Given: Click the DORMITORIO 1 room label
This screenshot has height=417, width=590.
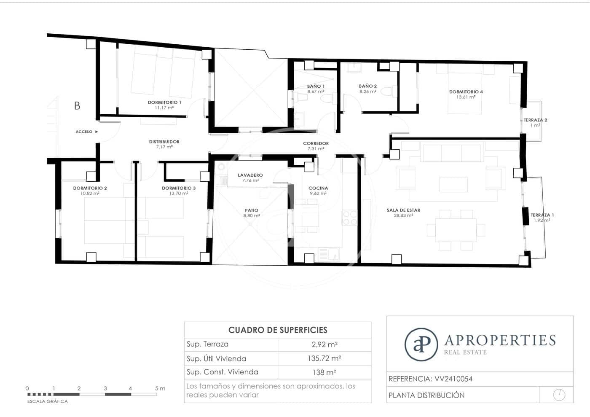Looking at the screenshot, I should click(x=164, y=102).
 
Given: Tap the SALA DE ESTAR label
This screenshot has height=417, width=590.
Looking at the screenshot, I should click(x=403, y=210).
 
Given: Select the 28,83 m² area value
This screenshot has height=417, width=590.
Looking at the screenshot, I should click(x=403, y=215).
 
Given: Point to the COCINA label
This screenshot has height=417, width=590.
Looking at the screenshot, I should click(x=318, y=188).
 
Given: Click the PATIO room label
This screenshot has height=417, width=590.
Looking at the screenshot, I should click(x=252, y=210).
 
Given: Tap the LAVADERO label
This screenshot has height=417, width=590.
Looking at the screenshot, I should click(x=250, y=175).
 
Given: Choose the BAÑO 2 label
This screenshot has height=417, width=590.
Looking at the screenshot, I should click(x=368, y=86).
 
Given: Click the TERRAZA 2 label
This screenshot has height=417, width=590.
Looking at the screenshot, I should click(x=535, y=120).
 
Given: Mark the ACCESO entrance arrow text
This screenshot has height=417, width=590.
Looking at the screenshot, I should click(x=84, y=132).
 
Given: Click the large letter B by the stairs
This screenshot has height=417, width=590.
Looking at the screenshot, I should click(x=77, y=106).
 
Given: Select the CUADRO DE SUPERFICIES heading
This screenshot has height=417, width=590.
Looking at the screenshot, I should click(x=278, y=330).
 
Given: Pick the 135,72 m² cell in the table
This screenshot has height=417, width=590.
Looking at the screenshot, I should click(x=324, y=358).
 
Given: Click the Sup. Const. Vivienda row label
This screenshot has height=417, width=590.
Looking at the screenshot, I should click(x=223, y=372).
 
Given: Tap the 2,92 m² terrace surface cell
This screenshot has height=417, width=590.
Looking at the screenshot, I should click(x=324, y=344).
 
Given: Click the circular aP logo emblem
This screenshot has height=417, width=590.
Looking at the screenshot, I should click(x=421, y=344).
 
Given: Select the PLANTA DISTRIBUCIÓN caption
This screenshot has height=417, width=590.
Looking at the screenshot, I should click(x=426, y=395).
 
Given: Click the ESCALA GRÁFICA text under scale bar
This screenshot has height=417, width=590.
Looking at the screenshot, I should click(x=48, y=401).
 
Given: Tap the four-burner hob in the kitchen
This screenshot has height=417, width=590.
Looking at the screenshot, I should click(x=350, y=218).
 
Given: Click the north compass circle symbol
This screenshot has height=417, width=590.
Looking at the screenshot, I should click(x=559, y=395).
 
